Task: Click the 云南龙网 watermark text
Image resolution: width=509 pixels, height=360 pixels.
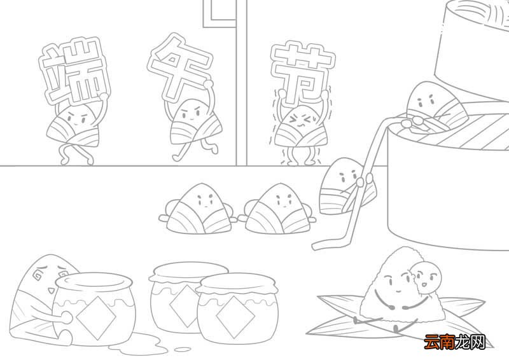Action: (455, 342)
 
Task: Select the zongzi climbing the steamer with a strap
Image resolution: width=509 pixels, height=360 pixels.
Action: (344, 184)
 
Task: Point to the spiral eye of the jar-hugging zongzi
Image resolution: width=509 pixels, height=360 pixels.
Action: (39, 277)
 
